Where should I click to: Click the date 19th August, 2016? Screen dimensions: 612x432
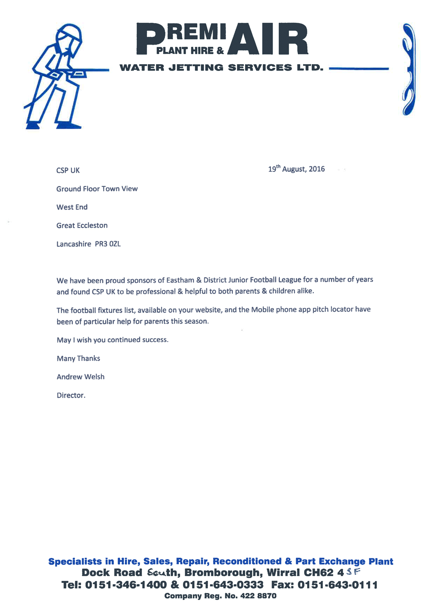pyautogui.click(x=297, y=169)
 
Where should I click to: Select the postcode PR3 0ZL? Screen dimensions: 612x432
pyautogui.click(x=108, y=244)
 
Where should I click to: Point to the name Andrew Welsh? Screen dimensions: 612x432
pyautogui.click(x=81, y=377)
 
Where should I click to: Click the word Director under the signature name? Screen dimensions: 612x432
pyautogui.click(x=71, y=395)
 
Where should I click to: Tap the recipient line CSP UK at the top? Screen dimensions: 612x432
pyautogui.click(x=68, y=171)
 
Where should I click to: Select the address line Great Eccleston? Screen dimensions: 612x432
pyautogui.click(x=82, y=225)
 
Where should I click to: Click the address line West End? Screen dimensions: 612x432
pyautogui.click(x=72, y=207)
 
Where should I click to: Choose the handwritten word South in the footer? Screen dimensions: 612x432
pyautogui.click(x=156, y=572)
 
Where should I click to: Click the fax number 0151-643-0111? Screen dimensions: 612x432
pyautogui.click(x=337, y=585)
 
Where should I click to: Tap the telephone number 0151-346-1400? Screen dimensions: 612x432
pyautogui.click(x=126, y=585)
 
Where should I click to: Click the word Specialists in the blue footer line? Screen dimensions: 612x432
pyautogui.click(x=75, y=561)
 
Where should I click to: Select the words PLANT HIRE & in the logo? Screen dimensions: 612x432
pyautogui.click(x=190, y=51)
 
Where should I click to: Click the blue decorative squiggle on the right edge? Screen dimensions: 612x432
pyautogui.click(x=408, y=70)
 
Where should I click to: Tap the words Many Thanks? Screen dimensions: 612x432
pyautogui.click(x=78, y=358)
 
